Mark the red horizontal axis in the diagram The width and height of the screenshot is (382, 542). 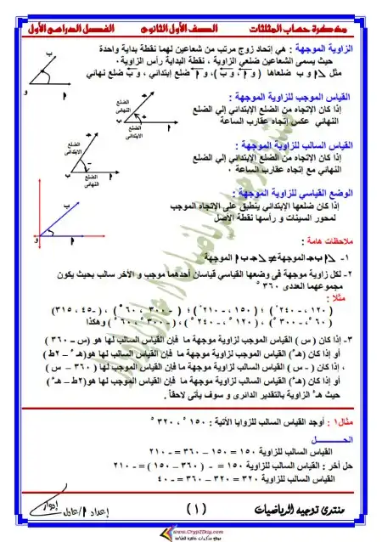click(59, 236)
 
